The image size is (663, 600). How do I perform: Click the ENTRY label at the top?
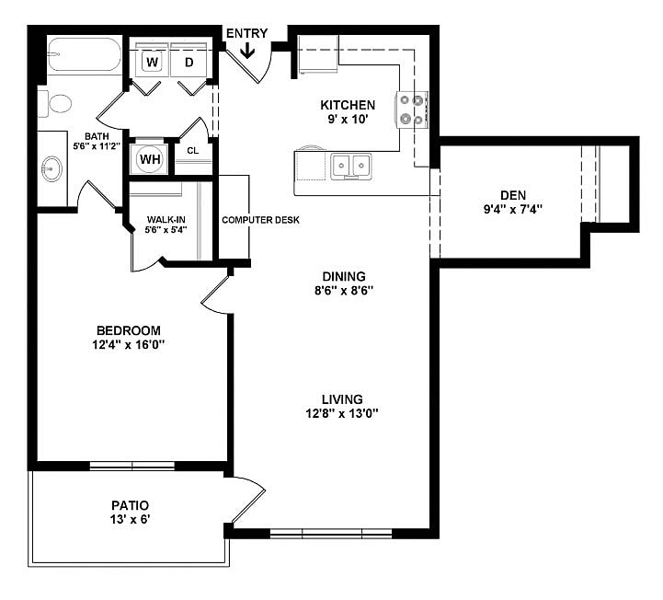tap(246, 34)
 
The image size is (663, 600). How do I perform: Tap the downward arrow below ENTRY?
tap(246, 52)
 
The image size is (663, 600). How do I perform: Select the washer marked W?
tap(152, 62)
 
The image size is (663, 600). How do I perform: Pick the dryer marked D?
tap(189, 62)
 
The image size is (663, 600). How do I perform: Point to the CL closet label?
tap(193, 151)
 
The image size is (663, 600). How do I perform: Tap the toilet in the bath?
tap(56, 104)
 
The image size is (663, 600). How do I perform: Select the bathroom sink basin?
tap(51, 169)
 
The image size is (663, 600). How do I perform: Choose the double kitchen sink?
tap(350, 166)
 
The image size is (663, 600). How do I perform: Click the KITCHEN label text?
tap(347, 105)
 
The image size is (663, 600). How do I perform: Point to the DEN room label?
tap(512, 194)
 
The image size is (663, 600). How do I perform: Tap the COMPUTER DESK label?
tap(260, 221)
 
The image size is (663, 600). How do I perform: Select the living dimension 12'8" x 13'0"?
tap(343, 413)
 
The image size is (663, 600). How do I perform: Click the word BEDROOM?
tap(129, 330)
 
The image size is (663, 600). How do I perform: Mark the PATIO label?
tap(130, 505)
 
